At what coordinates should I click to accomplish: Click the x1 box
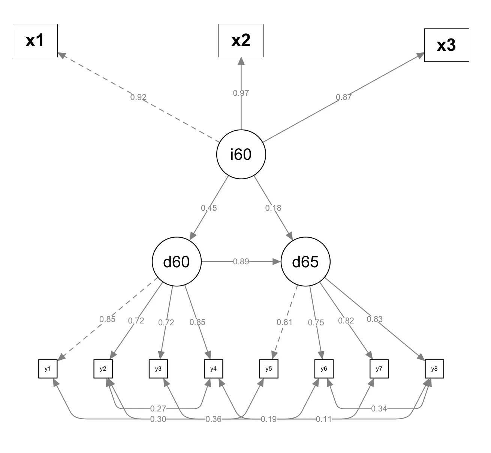[x=35, y=41]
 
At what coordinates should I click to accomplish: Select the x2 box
[x=241, y=41]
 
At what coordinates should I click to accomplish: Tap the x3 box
[x=446, y=45]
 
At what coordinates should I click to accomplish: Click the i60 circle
[x=241, y=154]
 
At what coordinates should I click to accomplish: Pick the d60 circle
[x=177, y=262]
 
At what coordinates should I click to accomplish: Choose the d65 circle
[x=305, y=262]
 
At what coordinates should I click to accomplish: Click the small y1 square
[x=48, y=369]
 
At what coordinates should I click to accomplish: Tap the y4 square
[x=213, y=369]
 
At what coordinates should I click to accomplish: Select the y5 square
[x=268, y=369]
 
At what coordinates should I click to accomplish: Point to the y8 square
[x=434, y=369]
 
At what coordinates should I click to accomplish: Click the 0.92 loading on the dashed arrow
[x=138, y=97]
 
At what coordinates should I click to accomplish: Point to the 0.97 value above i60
[x=241, y=93]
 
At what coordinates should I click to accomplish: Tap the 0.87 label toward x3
[x=344, y=97]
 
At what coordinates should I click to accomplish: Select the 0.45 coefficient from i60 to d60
[x=209, y=208]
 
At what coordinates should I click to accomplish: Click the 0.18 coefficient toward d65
[x=273, y=208]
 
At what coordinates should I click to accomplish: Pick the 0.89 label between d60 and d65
[x=241, y=262]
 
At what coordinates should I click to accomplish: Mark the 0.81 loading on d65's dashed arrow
[x=284, y=322]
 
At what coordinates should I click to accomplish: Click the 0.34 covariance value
[x=379, y=408]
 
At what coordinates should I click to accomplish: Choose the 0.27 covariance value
[x=158, y=408]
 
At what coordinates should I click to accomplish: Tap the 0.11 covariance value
[x=324, y=419]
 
